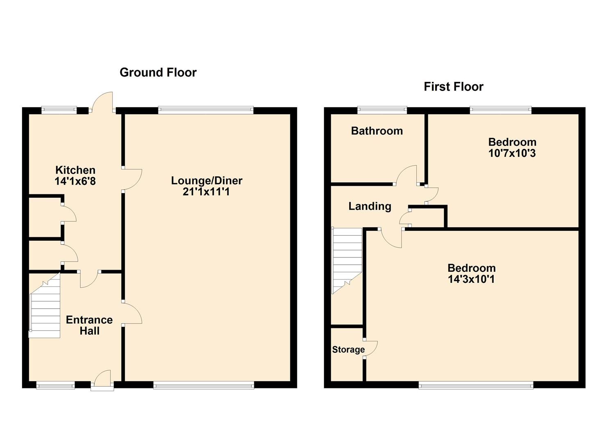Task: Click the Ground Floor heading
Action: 158,72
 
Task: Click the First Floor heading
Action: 453,87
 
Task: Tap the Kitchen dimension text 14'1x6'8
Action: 75,181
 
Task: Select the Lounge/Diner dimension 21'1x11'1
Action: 206,192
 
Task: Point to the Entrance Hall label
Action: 89,325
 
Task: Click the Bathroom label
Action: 377,131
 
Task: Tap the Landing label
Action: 370,206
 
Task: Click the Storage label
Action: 348,350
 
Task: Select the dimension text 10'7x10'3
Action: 512,153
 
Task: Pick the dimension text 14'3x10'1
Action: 471,280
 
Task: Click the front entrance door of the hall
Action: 102,380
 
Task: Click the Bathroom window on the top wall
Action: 382,110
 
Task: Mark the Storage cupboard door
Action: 370,348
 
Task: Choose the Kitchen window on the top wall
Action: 59,110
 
